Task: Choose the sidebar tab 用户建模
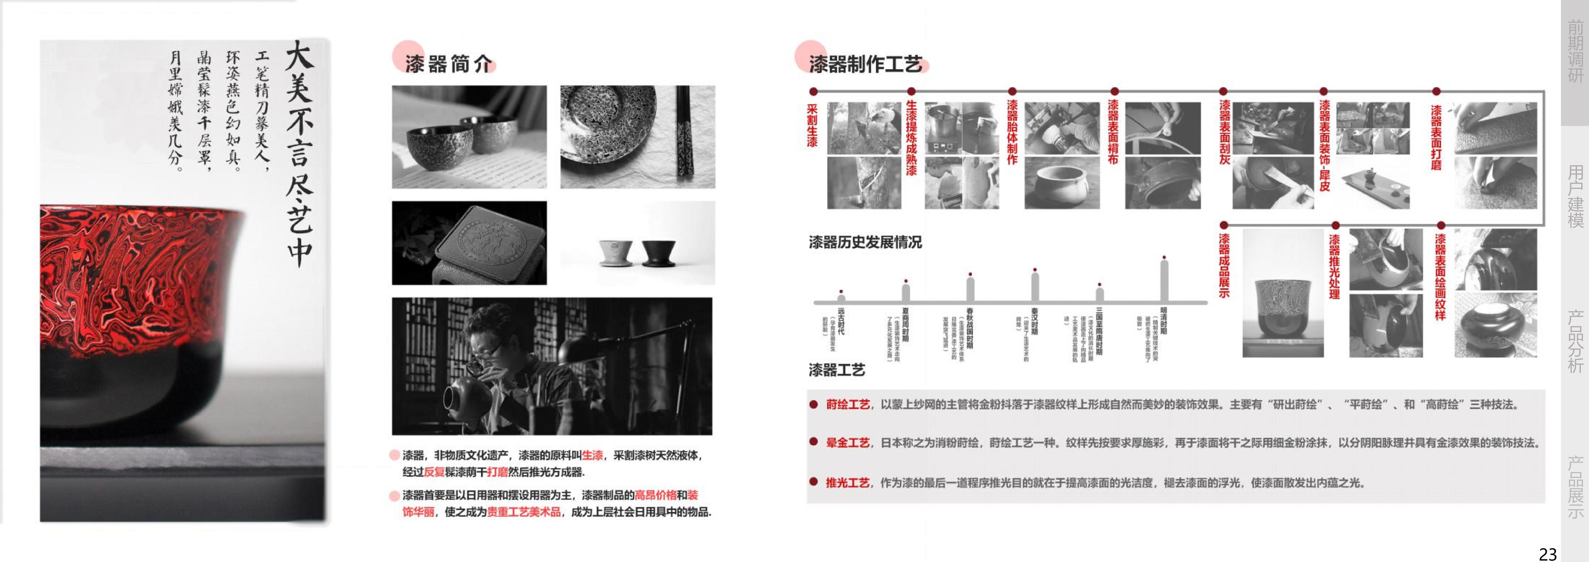[x=1575, y=196]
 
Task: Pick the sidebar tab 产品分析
[x=1575, y=341]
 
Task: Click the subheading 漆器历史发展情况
[x=865, y=242]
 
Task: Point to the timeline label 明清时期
[x=1163, y=321]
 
